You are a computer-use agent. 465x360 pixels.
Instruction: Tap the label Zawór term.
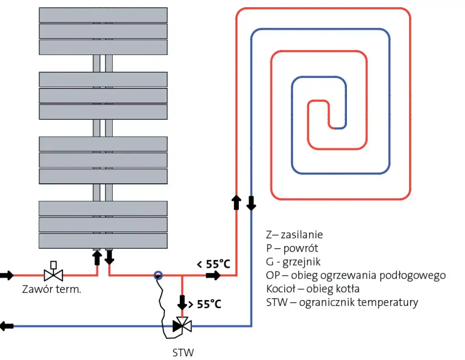(51, 290)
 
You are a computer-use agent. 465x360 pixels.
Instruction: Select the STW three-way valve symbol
(182, 325)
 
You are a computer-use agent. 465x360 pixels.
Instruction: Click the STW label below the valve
(183, 352)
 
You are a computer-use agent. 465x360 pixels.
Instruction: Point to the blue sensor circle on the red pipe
(158, 275)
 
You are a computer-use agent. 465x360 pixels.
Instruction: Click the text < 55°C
(213, 264)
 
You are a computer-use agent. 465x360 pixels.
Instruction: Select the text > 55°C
(205, 304)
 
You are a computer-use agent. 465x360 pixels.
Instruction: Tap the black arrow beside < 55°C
(213, 275)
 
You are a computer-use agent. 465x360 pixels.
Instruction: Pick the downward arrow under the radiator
(109, 257)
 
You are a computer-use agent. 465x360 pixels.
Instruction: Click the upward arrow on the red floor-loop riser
(236, 202)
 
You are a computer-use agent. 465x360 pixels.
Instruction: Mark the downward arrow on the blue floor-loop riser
(251, 202)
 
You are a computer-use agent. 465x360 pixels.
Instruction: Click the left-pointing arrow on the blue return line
(7, 325)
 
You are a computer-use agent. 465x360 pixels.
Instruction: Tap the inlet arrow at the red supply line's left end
(7, 275)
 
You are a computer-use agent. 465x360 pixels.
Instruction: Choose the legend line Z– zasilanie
(294, 235)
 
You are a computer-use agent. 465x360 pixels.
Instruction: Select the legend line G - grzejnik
(293, 262)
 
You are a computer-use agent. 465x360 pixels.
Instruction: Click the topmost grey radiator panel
(103, 15)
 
